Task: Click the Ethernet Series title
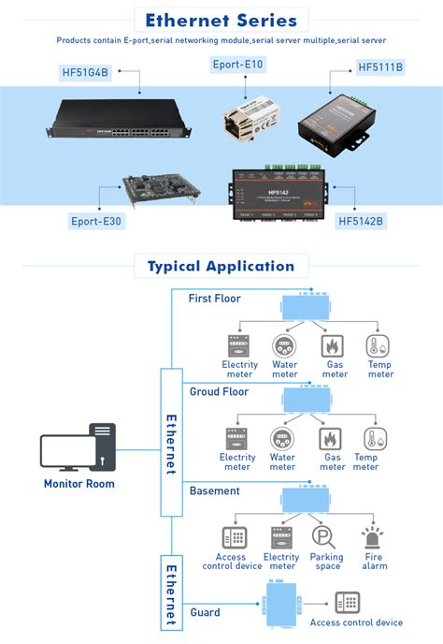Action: coord(221,20)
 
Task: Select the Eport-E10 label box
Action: coord(237,64)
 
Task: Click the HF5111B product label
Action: coord(380,68)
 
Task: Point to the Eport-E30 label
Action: coord(96,221)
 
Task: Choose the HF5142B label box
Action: coord(361,221)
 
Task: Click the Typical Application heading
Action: coord(221,266)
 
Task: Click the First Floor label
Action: coord(214,299)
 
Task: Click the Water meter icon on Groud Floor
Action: coord(282,438)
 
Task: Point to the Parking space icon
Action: coord(326,537)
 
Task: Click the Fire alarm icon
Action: coord(374,536)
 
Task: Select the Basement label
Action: coord(214,490)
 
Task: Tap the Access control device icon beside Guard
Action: coord(349,603)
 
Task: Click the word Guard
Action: coord(205,612)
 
